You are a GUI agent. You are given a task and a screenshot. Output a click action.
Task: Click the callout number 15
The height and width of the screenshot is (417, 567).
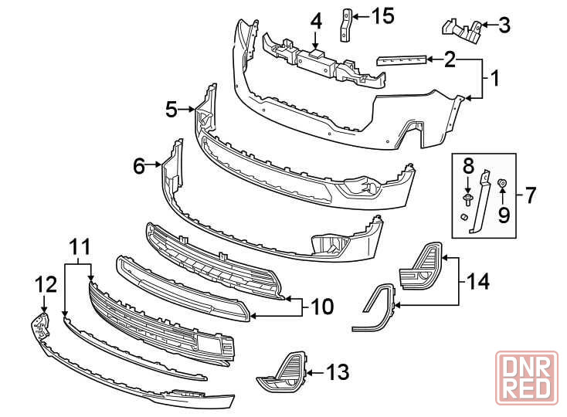click(383, 16)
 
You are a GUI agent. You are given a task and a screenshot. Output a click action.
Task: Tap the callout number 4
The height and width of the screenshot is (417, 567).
click(316, 22)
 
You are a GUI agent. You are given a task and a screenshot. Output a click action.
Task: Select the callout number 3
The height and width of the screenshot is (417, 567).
click(504, 25)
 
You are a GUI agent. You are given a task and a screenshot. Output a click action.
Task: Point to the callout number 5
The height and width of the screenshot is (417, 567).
click(171, 109)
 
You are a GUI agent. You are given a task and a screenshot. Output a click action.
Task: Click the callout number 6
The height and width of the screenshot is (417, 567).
click(139, 166)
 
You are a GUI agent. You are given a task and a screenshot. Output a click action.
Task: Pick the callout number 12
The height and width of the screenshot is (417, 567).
click(46, 284)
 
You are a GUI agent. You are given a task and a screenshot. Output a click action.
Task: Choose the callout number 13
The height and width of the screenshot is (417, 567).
click(338, 372)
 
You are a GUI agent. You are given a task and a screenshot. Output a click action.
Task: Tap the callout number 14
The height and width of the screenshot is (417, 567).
click(477, 281)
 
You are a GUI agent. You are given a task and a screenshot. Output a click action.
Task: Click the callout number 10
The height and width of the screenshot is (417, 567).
click(322, 307)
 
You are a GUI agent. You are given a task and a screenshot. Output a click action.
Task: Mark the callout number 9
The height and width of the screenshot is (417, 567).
click(504, 215)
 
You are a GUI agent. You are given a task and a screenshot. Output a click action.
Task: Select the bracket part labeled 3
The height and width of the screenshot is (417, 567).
click(462, 31)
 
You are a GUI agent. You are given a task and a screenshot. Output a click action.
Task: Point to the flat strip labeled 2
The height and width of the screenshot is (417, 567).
click(402, 60)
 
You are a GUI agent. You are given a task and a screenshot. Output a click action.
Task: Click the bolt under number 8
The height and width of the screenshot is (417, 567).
click(467, 198)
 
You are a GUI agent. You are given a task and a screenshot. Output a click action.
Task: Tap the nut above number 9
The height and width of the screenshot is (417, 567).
click(502, 183)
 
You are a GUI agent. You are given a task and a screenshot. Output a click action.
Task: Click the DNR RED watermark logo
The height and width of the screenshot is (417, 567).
click(527, 378)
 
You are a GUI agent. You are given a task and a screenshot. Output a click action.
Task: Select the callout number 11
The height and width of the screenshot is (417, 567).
click(80, 248)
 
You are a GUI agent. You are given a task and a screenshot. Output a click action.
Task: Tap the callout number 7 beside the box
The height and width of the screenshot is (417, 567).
click(529, 195)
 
